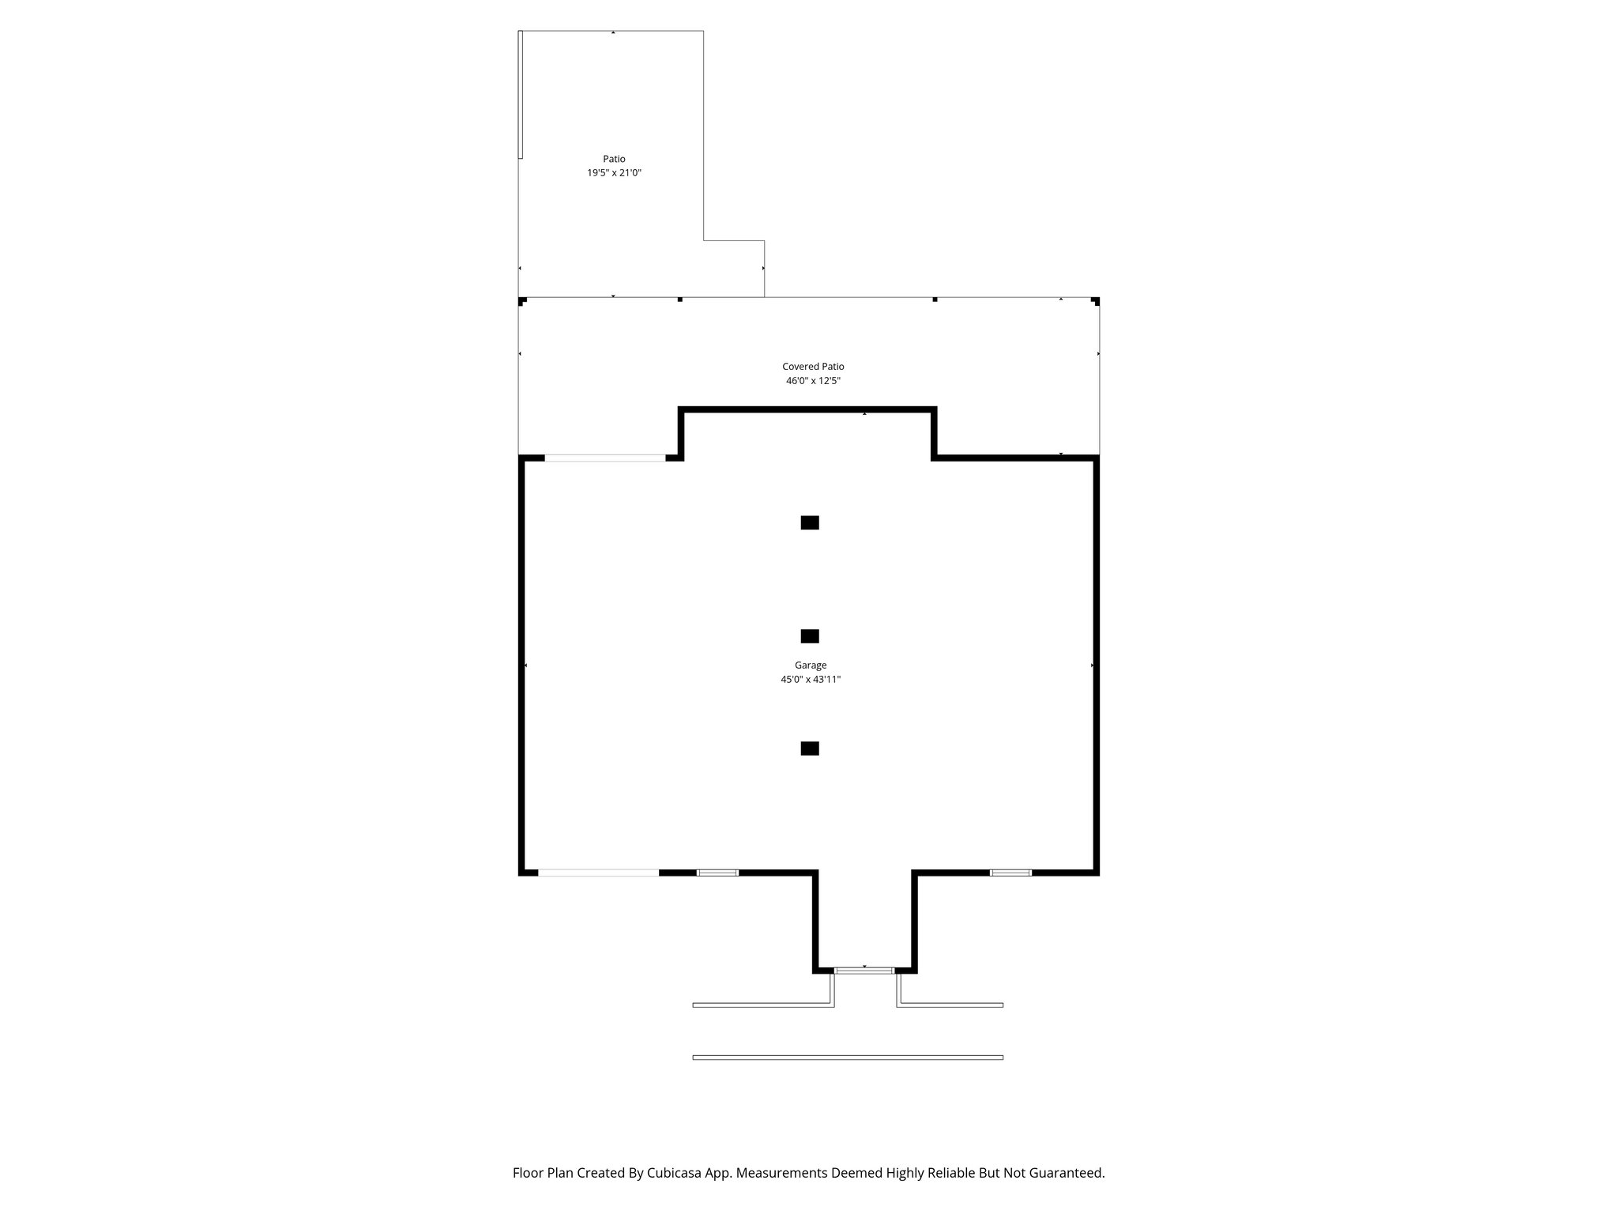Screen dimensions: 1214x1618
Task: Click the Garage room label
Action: (810, 665)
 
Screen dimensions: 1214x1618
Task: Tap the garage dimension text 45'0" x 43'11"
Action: (810, 680)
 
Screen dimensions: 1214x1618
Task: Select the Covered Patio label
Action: (813, 367)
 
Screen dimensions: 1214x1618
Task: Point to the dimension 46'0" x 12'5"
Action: (813, 381)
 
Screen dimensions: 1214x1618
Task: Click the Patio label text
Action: (614, 159)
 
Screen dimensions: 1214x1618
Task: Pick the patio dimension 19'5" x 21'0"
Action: (614, 173)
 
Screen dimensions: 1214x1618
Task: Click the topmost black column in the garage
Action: (810, 522)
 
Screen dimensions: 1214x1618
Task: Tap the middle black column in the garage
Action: (810, 636)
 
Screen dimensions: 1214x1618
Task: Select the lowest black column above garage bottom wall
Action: (810, 748)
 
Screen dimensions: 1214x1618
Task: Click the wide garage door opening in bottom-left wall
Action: (598, 873)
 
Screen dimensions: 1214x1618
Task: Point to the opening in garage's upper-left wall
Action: (605, 458)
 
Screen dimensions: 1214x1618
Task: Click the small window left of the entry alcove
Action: (717, 873)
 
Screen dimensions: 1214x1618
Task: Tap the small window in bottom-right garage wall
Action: (1010, 873)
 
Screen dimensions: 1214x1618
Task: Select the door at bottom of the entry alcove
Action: (864, 970)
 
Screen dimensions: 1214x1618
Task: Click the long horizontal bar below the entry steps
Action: (848, 1058)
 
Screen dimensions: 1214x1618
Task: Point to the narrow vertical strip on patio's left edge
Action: (521, 95)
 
